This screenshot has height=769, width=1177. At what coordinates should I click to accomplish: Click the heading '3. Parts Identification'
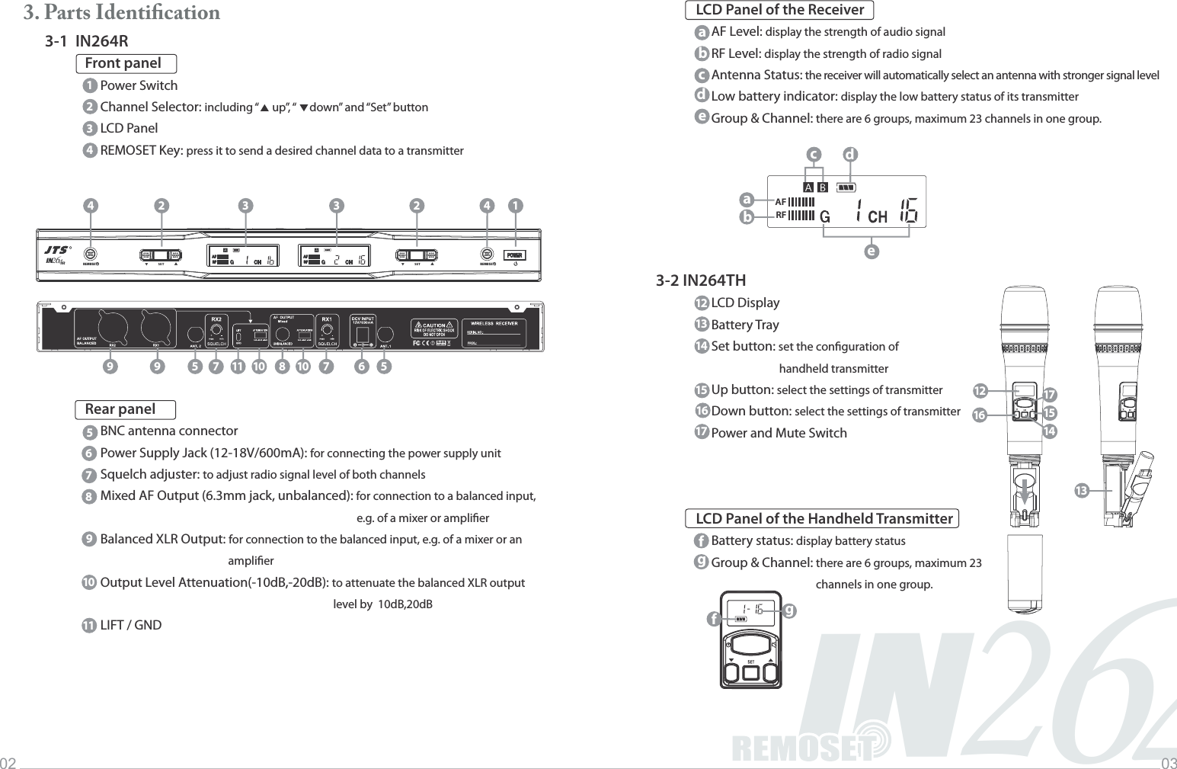coord(121,13)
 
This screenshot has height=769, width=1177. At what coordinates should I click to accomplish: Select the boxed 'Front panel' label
coord(126,64)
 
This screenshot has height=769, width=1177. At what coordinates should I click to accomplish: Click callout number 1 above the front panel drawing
coord(516,206)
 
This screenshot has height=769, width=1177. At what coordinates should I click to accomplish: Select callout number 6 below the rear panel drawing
coord(361,367)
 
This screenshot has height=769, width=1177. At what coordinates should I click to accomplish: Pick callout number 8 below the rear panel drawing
coord(282,367)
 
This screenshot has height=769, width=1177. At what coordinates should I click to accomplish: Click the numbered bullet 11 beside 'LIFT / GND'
coord(88,626)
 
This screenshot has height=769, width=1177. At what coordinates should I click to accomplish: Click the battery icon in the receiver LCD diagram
coord(846,186)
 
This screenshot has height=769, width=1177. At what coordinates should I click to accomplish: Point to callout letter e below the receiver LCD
coord(872,251)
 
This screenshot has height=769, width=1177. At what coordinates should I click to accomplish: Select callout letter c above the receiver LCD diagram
coord(814,155)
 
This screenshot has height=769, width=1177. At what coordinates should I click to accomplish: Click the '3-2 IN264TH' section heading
coord(701,280)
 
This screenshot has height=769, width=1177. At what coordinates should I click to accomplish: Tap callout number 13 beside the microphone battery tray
coord(1080,490)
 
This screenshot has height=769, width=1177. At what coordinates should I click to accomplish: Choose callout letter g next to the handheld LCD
coord(788,610)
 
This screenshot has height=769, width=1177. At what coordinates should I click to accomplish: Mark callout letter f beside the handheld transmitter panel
coord(713,620)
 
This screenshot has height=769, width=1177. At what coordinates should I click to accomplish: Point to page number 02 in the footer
coord(8,763)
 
